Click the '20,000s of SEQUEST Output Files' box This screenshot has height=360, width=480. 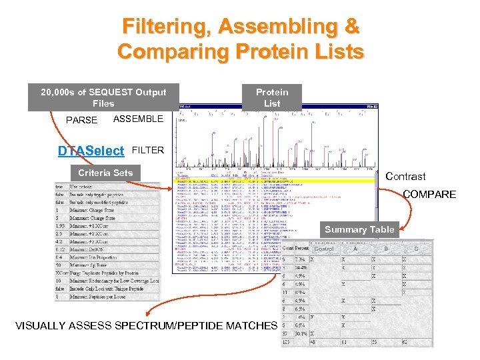click(x=103, y=97)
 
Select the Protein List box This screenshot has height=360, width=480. click(x=272, y=97)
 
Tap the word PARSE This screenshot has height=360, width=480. click(x=81, y=121)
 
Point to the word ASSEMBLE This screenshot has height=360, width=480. click(x=138, y=119)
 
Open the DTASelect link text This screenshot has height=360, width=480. click(x=91, y=151)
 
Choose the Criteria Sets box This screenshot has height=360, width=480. click(x=105, y=173)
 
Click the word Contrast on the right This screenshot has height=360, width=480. click(x=405, y=177)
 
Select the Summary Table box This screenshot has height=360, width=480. click(x=359, y=229)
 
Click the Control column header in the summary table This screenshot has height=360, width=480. click(x=324, y=248)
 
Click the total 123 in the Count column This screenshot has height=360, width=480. click(x=287, y=343)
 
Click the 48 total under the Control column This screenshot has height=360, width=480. click(x=313, y=343)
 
